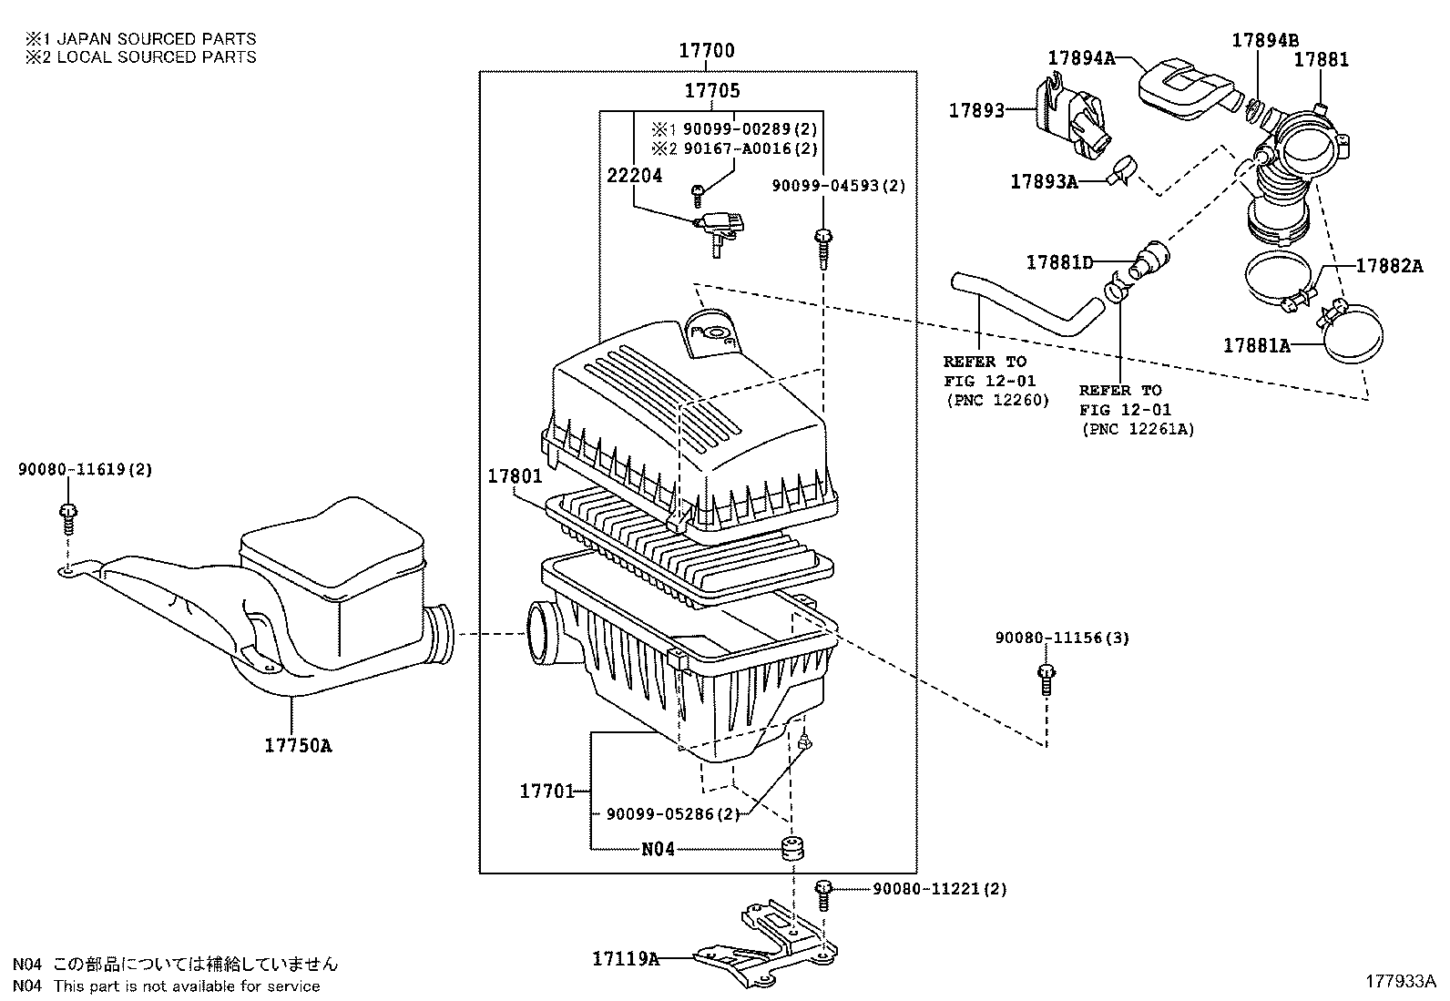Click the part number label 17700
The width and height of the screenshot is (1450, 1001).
[x=707, y=51]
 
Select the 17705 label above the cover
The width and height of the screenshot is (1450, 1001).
[x=712, y=91]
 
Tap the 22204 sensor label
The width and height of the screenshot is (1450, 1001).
[x=634, y=176]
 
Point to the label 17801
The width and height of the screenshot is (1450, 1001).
[x=515, y=476]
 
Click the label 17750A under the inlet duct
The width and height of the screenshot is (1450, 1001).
[x=299, y=746]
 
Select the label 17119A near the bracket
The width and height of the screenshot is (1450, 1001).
[x=626, y=958]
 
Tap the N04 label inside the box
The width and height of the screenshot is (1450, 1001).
[x=658, y=849]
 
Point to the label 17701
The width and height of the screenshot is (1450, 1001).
[x=546, y=792]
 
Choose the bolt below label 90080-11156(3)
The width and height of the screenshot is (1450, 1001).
[x=1046, y=679]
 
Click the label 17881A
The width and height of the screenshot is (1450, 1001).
[x=1256, y=345]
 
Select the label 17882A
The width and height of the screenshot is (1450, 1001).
[x=1389, y=266]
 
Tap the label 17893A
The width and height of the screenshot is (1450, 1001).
[x=1043, y=182]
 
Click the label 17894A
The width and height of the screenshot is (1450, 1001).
[x=1081, y=57]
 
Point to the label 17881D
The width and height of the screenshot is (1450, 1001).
[x=1059, y=262]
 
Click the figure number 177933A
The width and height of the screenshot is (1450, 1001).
[x=1399, y=981]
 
